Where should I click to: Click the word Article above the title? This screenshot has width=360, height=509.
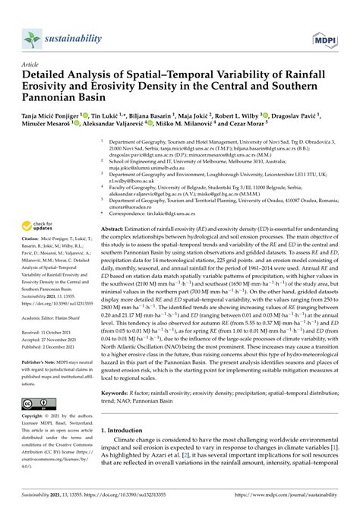pyautogui.click(x=33, y=66)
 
